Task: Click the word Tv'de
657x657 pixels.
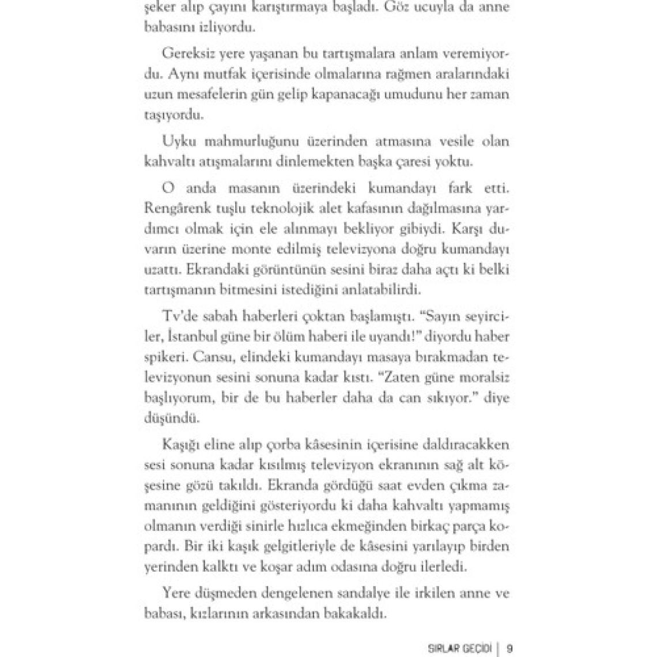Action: (x=179, y=316)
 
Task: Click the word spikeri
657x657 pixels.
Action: (x=164, y=357)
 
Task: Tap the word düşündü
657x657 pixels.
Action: (x=164, y=418)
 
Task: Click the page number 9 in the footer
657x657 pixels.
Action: (x=509, y=647)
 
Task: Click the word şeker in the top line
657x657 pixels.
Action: (x=157, y=7)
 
